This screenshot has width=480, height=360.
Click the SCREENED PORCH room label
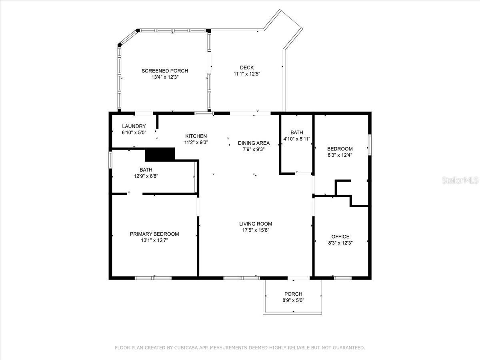[x=164, y=71]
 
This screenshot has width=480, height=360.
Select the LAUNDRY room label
[x=134, y=126]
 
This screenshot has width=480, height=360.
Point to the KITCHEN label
[x=196, y=136]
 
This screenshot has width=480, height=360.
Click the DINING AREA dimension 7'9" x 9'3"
[x=254, y=149]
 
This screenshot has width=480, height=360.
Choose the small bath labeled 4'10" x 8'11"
[x=297, y=136]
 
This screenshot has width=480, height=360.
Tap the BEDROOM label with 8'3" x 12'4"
[x=340, y=149]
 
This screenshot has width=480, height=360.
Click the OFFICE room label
[x=340, y=236]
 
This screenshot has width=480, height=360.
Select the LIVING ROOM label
[x=256, y=224]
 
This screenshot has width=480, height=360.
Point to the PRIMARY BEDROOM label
[x=154, y=234]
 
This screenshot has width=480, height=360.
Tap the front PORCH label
[x=293, y=294]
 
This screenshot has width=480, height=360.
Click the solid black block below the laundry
[x=160, y=154]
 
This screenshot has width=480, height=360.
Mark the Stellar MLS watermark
[x=460, y=181]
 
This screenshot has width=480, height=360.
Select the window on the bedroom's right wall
[x=370, y=144]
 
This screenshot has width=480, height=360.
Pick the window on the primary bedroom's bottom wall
[x=153, y=278]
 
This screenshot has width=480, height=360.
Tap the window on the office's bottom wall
[x=343, y=278]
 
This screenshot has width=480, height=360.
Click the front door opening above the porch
[x=298, y=278]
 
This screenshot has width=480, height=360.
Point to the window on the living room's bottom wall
[x=242, y=278]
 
